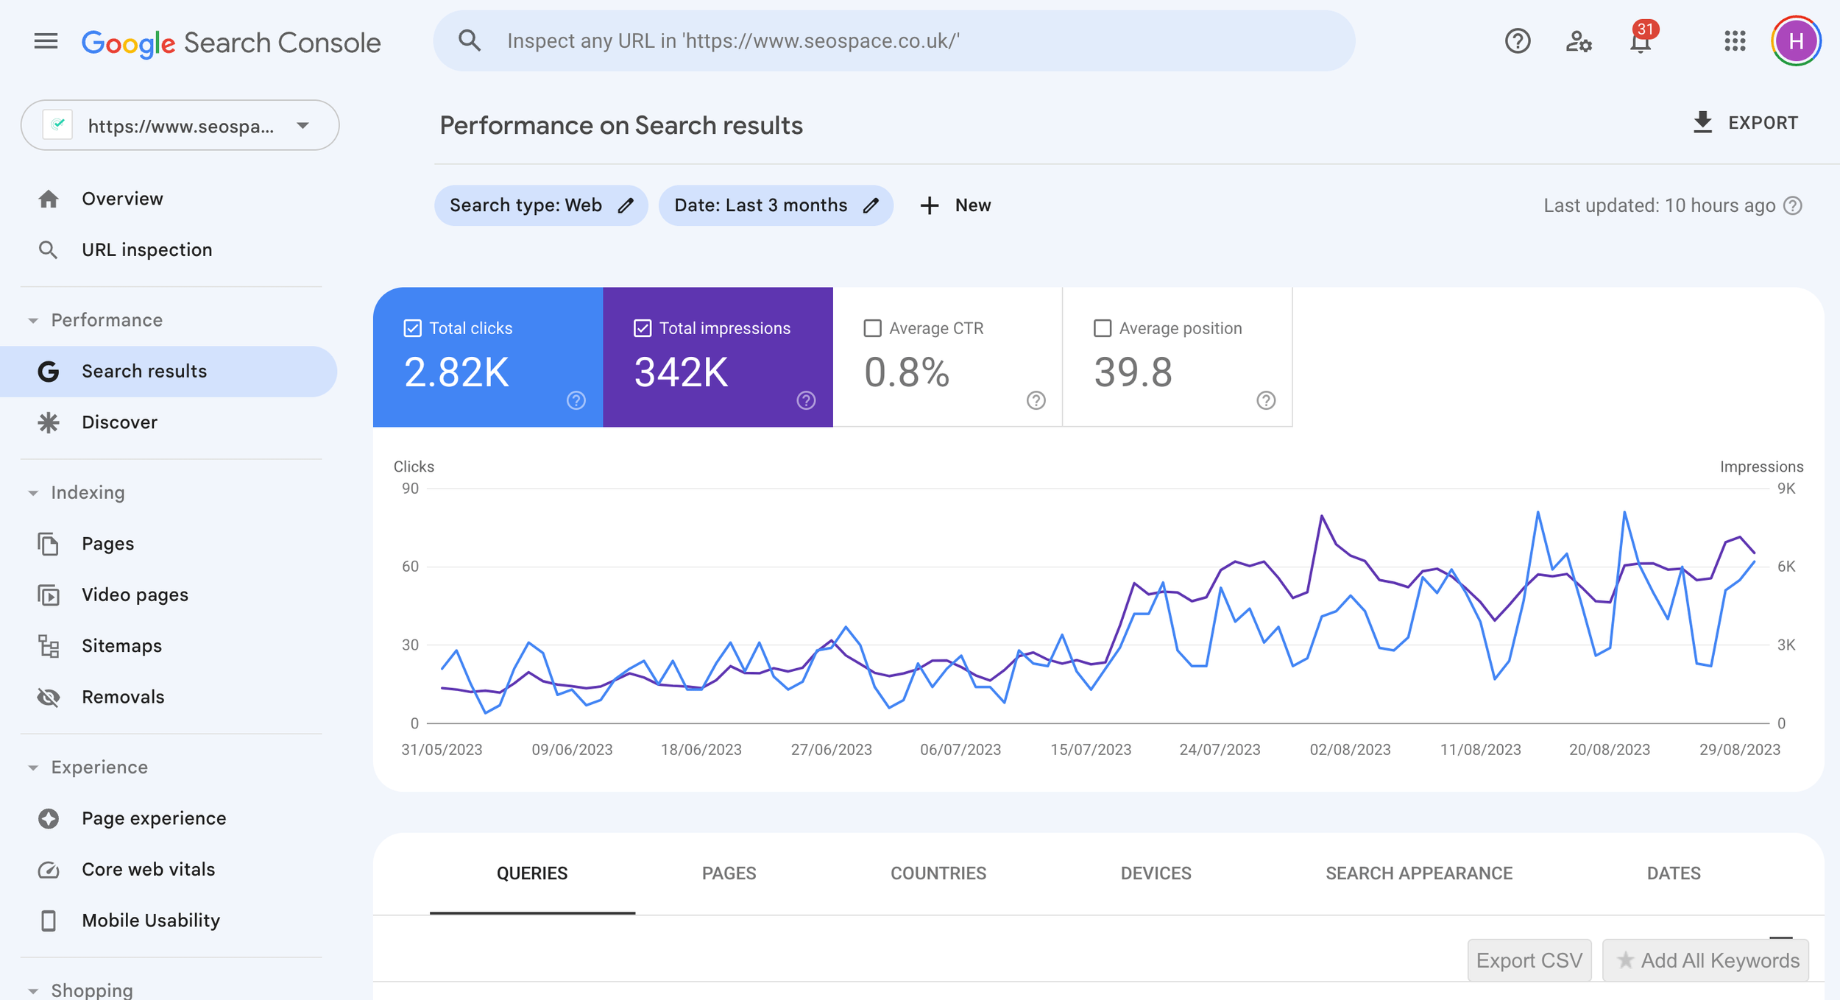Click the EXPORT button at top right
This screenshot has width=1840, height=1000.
(1746, 123)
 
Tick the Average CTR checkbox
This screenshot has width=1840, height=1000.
(872, 328)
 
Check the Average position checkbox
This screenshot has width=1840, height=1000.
(1102, 328)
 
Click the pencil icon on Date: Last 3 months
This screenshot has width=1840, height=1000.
(871, 205)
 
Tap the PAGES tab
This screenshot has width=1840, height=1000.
(729, 873)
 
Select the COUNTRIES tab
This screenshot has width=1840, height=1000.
(938, 873)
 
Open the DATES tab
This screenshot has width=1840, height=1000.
(1673, 873)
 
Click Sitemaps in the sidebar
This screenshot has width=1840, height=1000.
(121, 646)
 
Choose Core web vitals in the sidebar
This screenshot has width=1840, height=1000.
(148, 870)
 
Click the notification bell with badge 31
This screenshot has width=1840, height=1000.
(1641, 41)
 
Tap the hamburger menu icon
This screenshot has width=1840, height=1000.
(46, 41)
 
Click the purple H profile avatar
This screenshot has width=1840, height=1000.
(1796, 41)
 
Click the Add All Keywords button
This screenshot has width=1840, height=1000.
(1705, 960)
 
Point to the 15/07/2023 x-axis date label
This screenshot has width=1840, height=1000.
(1090, 750)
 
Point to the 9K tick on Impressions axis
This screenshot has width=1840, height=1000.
(1786, 489)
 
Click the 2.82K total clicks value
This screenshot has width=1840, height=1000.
(456, 372)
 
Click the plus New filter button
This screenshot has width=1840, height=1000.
(955, 205)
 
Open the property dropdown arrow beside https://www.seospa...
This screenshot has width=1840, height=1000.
(302, 126)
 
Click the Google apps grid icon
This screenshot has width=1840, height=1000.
(1735, 41)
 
